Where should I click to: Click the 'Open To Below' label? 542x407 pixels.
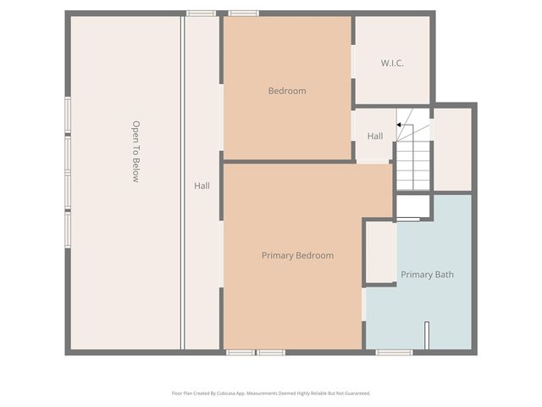pos(135,152)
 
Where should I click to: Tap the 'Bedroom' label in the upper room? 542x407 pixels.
pos(287,91)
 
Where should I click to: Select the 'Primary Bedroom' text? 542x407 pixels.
pos(297,255)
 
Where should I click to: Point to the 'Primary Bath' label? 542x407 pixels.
pos(427,275)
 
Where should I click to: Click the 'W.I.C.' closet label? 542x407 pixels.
pos(392,63)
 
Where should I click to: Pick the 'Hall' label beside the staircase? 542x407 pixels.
pos(375,136)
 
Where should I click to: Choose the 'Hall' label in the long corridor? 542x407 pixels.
pos(202,186)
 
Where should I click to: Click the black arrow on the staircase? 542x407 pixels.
pos(399,125)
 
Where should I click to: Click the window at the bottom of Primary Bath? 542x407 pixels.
pos(395,352)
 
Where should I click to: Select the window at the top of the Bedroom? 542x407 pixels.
pos(244,13)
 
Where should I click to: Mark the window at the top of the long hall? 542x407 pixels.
pos(201,13)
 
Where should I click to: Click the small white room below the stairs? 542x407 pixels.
pos(413,206)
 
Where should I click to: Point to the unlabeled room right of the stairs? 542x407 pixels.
pos(452,148)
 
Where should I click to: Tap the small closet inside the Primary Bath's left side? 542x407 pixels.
pos(380,252)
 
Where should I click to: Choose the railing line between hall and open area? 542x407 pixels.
pos(183,182)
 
